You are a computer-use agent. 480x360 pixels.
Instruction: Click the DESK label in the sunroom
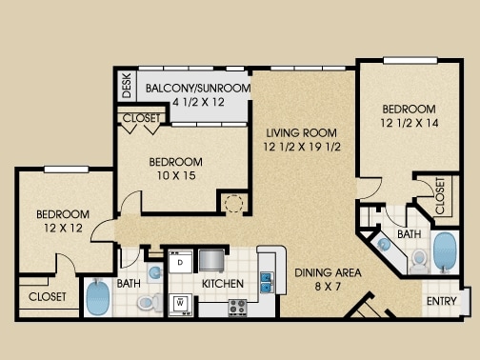point(127,86)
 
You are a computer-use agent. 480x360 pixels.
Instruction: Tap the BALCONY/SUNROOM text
point(198,88)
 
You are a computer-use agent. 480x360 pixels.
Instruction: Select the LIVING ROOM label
point(301,132)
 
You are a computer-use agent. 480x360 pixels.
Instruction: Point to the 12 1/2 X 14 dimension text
point(410,123)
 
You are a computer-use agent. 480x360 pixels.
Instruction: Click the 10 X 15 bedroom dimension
point(176,175)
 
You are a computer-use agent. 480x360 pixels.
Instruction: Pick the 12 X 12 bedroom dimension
point(63,228)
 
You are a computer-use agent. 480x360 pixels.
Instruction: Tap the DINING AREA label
point(328,272)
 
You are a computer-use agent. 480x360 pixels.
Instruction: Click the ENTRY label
point(442,301)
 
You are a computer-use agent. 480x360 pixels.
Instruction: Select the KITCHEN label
point(223,284)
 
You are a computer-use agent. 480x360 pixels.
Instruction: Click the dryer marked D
point(180,262)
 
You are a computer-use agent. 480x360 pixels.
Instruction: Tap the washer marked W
point(180,305)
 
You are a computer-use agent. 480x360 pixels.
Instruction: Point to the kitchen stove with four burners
point(237,308)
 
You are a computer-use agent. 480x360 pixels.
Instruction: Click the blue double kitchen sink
point(267,282)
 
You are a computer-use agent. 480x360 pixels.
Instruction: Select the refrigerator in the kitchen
point(211,261)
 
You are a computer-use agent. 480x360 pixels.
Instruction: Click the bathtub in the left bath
point(98,297)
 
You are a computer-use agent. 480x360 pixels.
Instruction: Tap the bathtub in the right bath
point(445,252)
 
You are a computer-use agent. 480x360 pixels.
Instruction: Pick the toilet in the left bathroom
point(150,303)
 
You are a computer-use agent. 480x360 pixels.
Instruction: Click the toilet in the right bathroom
point(419,262)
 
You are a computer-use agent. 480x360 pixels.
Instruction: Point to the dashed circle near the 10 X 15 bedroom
point(233,203)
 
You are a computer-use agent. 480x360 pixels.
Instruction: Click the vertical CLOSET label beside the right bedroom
point(440,196)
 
